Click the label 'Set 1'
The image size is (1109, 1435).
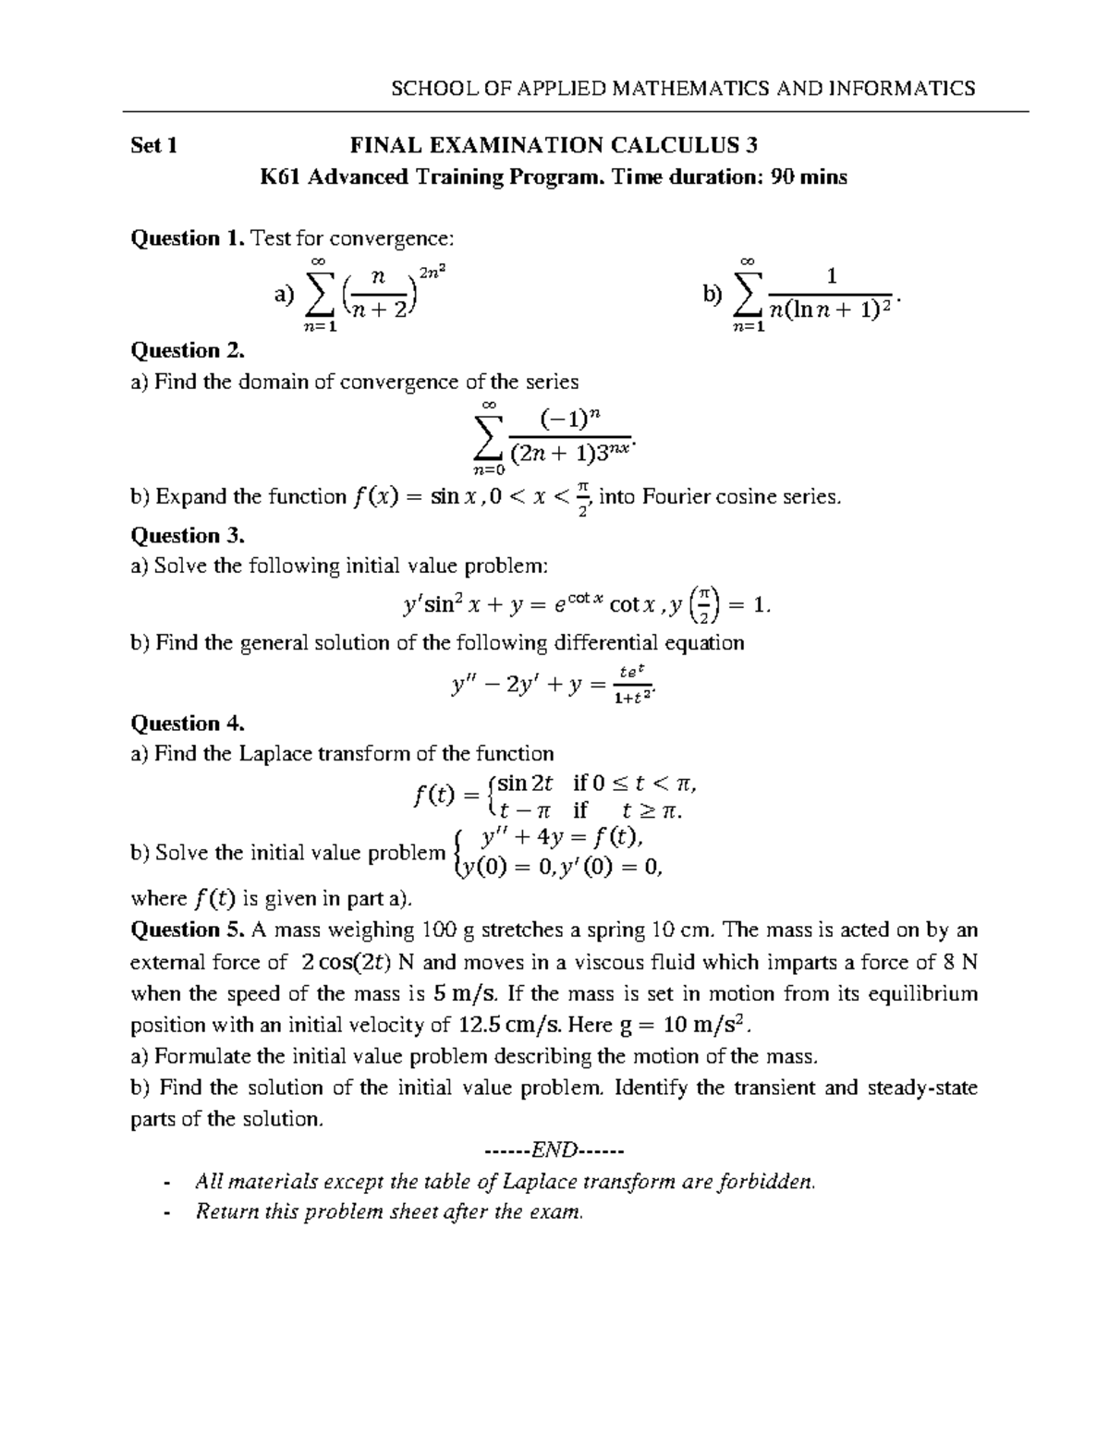click(x=154, y=145)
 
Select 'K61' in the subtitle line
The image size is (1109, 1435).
click(x=282, y=176)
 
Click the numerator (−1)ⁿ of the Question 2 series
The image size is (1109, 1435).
click(x=570, y=420)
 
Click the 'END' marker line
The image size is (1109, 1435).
click(x=554, y=1150)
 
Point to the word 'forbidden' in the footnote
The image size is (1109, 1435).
click(x=772, y=1181)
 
